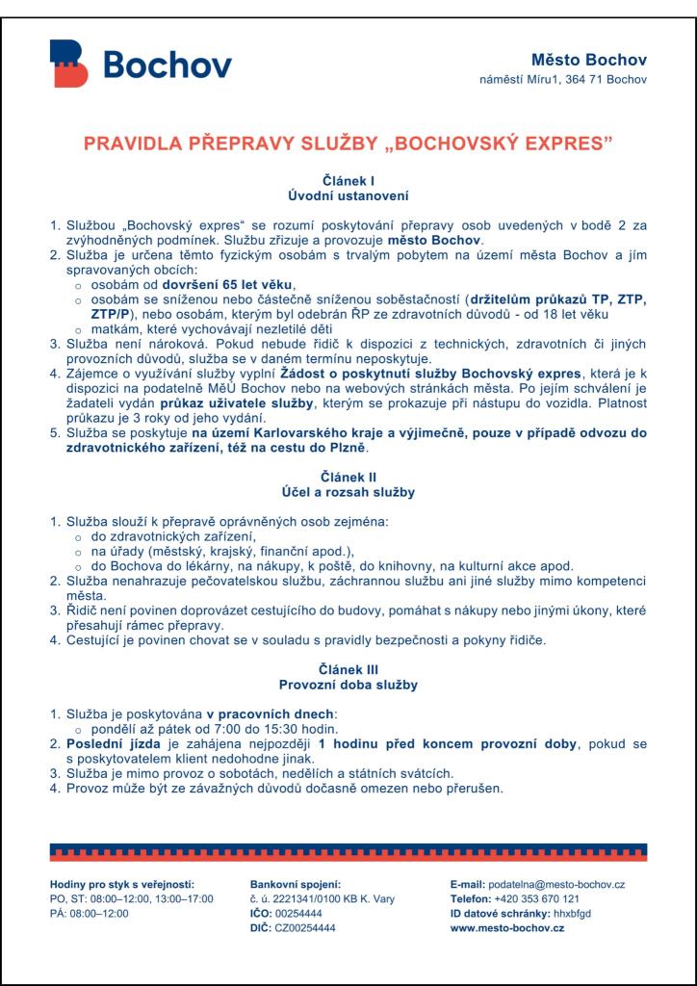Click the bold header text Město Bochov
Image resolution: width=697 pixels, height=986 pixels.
click(593, 62)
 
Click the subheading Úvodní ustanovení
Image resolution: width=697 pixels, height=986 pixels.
click(348, 195)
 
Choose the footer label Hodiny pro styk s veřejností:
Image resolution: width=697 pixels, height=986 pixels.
click(121, 884)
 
